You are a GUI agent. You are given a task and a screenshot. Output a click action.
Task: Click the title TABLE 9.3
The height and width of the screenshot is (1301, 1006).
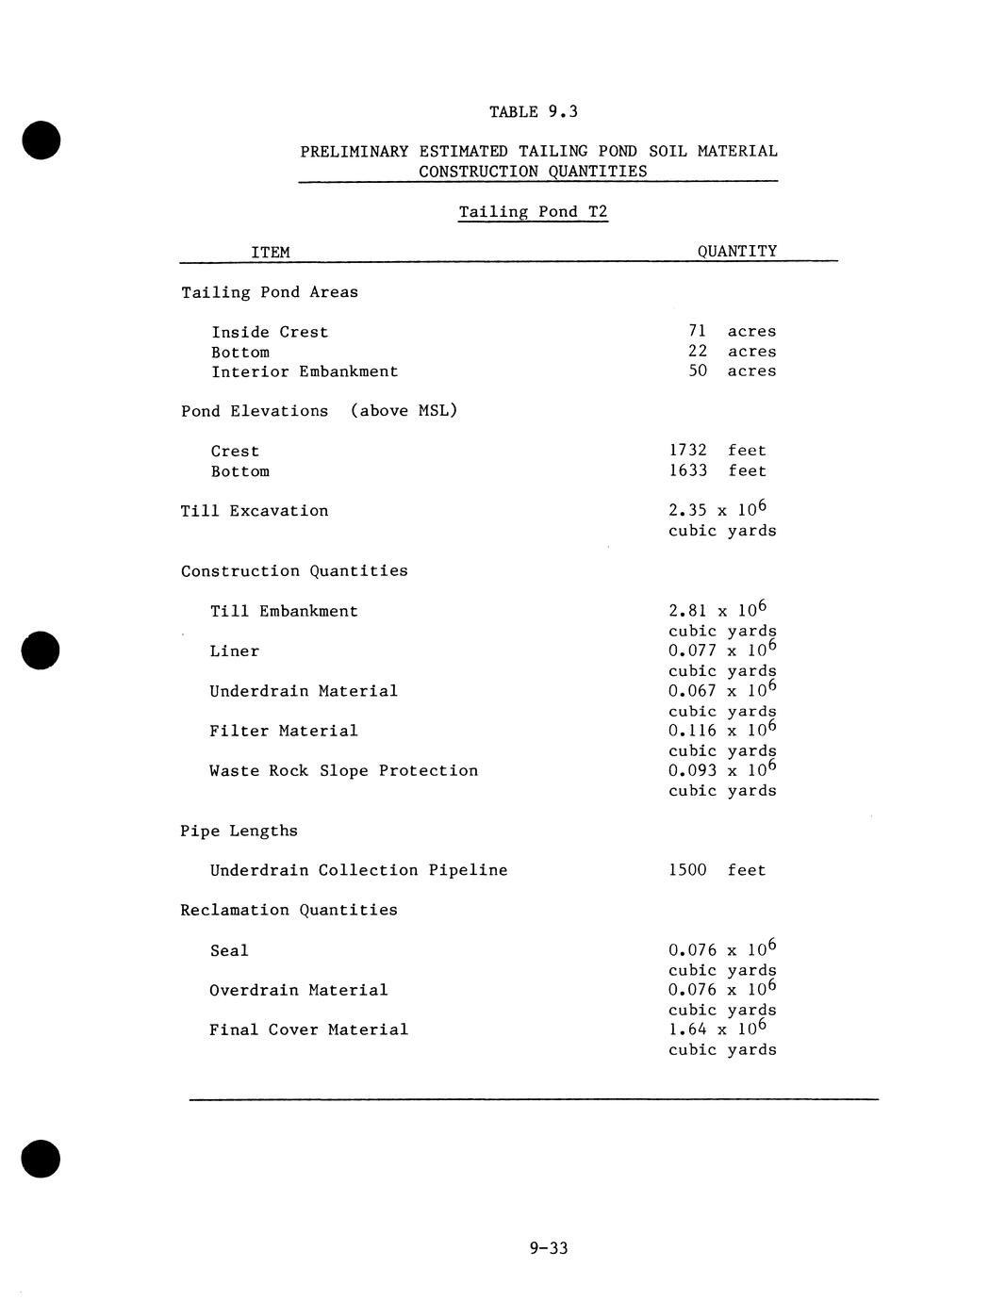tap(533, 112)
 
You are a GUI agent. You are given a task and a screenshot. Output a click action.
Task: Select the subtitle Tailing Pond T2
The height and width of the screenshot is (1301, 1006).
tap(533, 212)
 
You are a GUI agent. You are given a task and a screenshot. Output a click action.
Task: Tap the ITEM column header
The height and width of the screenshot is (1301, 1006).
tap(271, 253)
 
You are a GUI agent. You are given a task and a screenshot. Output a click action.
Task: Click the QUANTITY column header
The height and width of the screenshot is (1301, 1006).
tap(737, 252)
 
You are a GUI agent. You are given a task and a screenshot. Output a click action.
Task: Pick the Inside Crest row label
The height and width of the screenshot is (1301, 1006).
tap(270, 333)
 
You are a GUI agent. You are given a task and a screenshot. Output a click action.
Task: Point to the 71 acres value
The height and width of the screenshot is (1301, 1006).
tap(732, 332)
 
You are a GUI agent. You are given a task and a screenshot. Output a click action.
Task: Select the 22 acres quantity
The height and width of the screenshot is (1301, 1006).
tap(732, 352)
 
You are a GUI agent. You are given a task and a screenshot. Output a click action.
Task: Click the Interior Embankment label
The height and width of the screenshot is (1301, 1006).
tap(305, 372)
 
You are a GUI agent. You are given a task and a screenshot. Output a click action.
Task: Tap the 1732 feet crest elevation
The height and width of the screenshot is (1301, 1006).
tap(717, 451)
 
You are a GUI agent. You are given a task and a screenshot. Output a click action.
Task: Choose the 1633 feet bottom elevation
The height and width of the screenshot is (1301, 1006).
tap(717, 470)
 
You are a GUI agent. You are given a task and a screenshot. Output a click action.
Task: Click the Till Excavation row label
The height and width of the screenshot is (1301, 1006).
tap(255, 511)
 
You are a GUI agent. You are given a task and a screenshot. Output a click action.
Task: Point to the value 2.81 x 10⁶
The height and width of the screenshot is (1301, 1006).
tap(717, 610)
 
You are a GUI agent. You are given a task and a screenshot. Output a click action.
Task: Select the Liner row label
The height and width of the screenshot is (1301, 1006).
tap(234, 651)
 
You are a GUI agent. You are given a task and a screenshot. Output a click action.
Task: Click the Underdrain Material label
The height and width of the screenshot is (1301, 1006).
tap(304, 691)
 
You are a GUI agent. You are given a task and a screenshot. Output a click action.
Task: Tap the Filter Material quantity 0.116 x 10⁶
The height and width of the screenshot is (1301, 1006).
tap(722, 730)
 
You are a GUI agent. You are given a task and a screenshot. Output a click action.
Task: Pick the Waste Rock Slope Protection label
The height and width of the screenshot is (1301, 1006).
tap(343, 771)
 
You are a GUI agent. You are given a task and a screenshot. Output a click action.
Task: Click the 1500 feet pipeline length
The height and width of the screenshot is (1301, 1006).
tap(717, 870)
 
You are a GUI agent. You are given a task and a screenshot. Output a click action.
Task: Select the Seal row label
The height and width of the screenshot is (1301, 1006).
tap(229, 951)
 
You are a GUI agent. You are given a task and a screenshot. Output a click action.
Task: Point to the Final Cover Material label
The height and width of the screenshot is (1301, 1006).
tap(308, 1030)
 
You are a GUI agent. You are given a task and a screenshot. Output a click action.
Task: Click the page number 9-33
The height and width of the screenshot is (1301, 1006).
tap(549, 1249)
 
